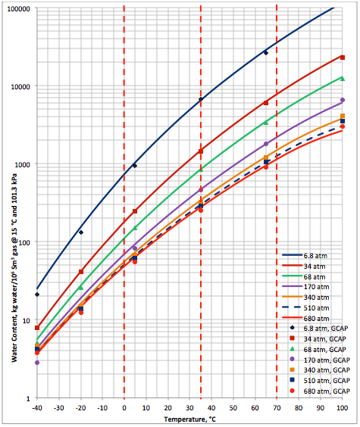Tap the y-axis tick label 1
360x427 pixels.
pyautogui.click(x=27, y=398)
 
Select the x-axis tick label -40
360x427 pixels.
pyautogui.click(x=36, y=408)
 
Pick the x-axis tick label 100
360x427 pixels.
pyautogui.click(x=343, y=408)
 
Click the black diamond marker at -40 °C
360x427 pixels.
pyautogui.click(x=36, y=295)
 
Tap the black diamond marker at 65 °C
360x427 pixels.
pyautogui.click(x=266, y=53)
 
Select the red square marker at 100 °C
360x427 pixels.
pyautogui.click(x=343, y=58)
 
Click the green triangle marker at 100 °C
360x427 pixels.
pyautogui.click(x=343, y=78)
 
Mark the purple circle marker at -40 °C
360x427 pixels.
pyautogui.click(x=36, y=363)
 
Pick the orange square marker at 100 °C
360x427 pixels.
pyautogui.click(x=343, y=116)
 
